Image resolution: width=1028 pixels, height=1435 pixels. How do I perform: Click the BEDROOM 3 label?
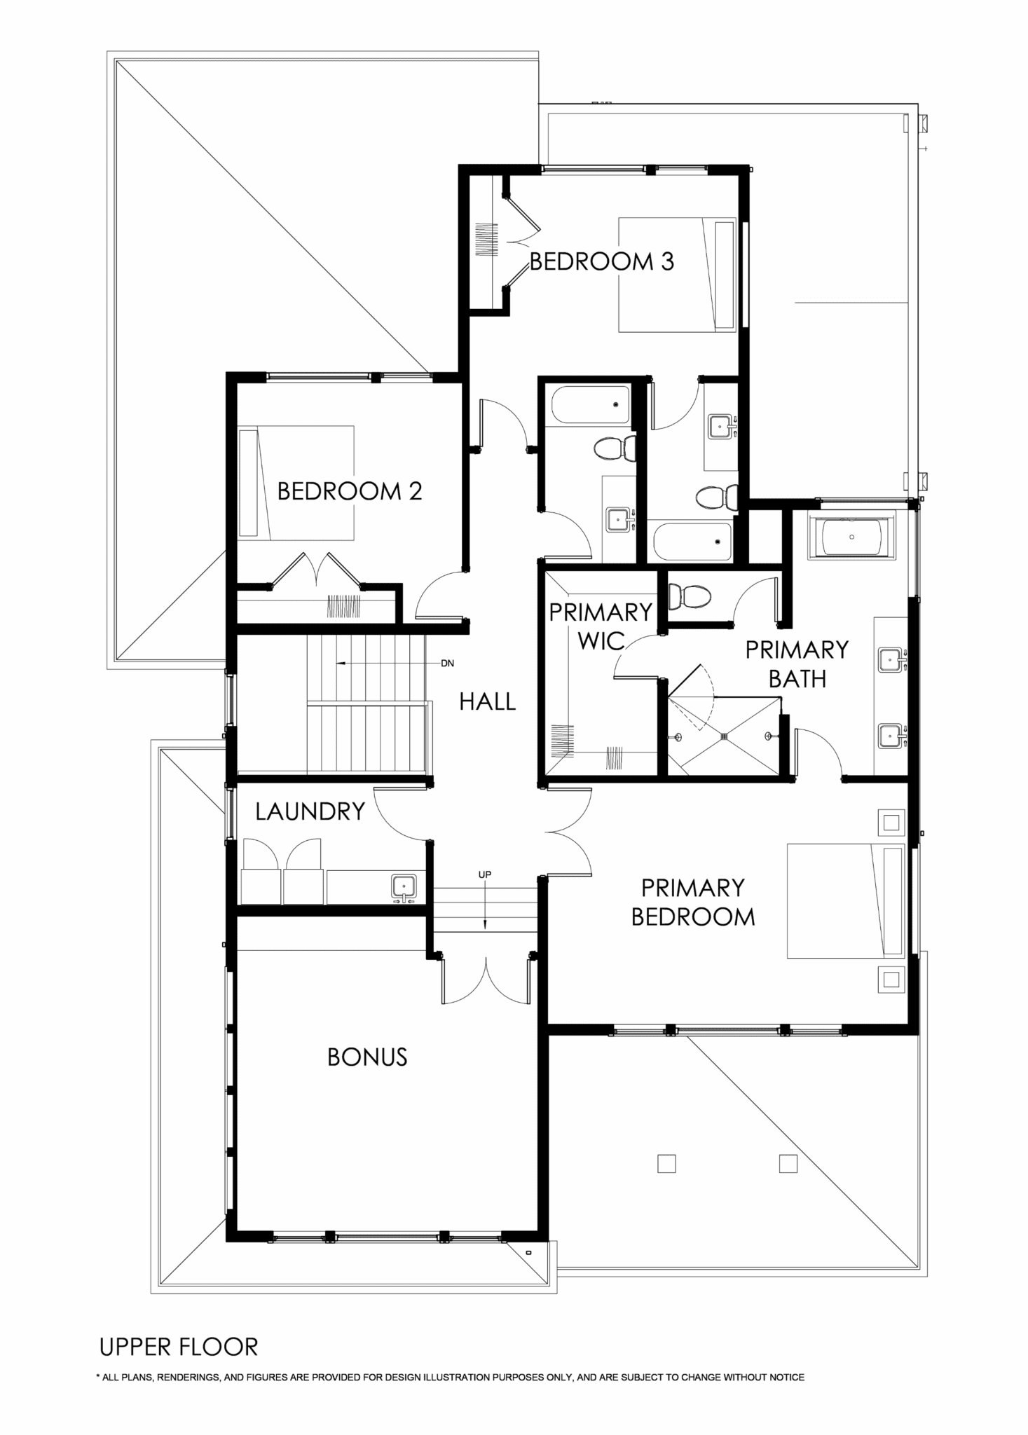coord(601,261)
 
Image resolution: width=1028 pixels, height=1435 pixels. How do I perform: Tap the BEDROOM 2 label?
coord(350,491)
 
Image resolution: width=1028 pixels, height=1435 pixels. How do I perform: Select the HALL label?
coord(488,701)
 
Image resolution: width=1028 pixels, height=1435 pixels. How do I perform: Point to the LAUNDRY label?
coord(310,811)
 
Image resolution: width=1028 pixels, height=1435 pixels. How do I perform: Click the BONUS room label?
coord(367,1057)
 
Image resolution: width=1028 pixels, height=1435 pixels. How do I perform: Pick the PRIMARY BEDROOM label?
coord(693,902)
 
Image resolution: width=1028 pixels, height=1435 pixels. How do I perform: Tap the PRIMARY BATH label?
coord(797,664)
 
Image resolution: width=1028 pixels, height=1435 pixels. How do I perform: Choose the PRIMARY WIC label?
coord(601,626)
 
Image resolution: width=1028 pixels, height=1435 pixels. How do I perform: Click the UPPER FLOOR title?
coord(179,1347)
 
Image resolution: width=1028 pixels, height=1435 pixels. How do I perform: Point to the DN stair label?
coord(447,663)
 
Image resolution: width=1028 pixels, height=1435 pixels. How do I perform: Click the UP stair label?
coord(485,874)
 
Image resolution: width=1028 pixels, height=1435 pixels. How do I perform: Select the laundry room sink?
coord(404,887)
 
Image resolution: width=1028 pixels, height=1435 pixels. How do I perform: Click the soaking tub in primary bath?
coord(851,537)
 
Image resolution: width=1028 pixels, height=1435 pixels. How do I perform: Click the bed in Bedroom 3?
coord(677,274)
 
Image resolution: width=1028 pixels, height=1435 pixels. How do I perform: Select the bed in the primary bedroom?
coord(846,901)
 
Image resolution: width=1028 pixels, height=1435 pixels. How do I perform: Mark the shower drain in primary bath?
coord(725,736)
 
